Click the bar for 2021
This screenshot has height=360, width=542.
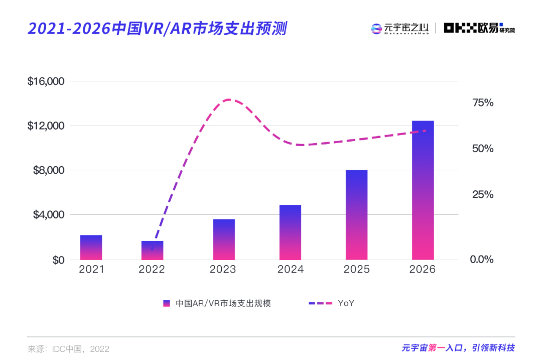[91, 248]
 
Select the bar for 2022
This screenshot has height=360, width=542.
[152, 251]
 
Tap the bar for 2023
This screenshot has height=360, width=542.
[223, 239]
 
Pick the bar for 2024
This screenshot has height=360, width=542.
[290, 232]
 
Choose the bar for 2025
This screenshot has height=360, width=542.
[356, 215]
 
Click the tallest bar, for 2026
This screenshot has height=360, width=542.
[423, 190]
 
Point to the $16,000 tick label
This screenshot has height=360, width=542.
[46, 81]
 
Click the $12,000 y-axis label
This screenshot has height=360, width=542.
[46, 126]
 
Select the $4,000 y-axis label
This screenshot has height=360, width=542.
[48, 215]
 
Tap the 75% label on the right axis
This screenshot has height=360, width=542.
[483, 103]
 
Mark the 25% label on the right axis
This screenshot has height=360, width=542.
[483, 194]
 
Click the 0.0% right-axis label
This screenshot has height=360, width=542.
[481, 260]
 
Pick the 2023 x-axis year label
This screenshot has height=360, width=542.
[223, 270]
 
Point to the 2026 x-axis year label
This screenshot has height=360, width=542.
[423, 270]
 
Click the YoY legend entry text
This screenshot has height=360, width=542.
[346, 303]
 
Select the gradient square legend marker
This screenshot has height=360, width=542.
[167, 303]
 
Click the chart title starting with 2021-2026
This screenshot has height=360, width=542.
[157, 29]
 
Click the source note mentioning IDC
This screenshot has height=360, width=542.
[68, 348]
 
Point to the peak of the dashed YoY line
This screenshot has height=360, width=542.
[229, 99]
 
